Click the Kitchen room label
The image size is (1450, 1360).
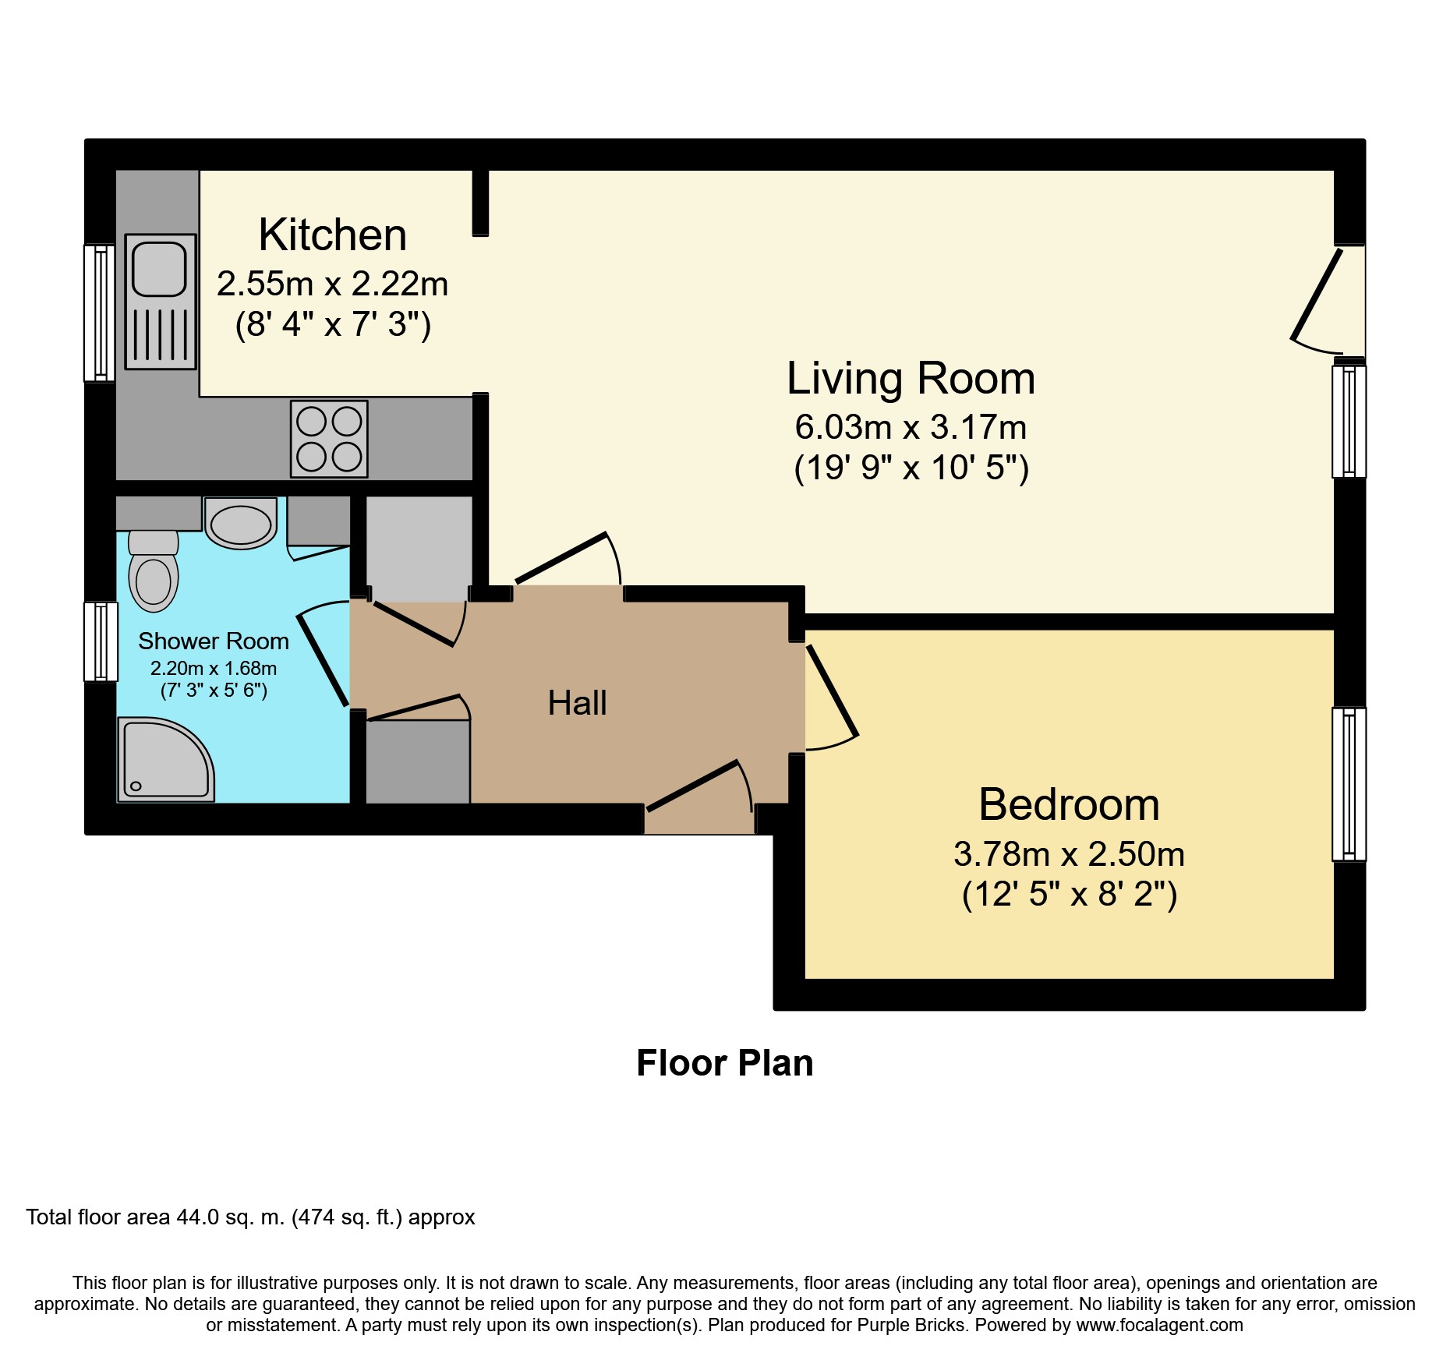point(333,235)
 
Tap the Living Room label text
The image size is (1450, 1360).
point(911,379)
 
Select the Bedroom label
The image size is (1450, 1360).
point(1069,804)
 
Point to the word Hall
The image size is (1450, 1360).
point(577,703)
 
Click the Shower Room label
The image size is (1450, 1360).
point(214,641)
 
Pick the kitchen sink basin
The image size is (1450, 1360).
point(160,269)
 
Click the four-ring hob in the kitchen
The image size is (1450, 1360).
point(329,439)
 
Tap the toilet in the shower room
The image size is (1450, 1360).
point(154,571)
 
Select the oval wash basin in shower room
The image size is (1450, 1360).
point(241,524)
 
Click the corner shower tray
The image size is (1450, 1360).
point(165,760)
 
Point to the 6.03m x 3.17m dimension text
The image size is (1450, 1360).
point(911,427)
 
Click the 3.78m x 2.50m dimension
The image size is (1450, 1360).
point(1069,854)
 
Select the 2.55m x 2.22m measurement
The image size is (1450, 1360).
point(333,284)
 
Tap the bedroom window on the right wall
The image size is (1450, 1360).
point(1349,784)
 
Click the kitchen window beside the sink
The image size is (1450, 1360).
point(100,313)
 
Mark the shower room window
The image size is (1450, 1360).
point(101,641)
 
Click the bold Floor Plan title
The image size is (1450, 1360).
point(725,1063)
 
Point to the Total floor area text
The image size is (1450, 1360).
point(250,1217)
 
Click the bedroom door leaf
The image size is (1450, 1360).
point(833,691)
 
